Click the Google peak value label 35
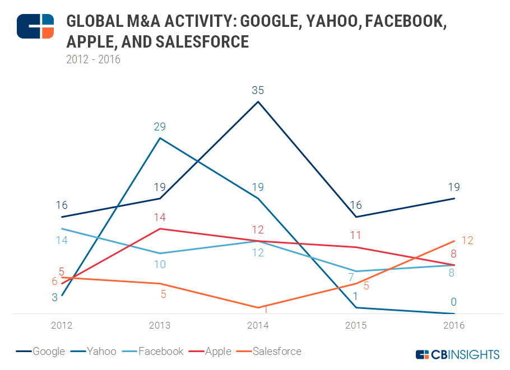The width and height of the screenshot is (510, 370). pyautogui.click(x=258, y=90)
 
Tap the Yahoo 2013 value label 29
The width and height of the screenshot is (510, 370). pyautogui.click(x=160, y=127)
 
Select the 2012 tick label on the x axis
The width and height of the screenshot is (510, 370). pyautogui.click(x=62, y=325)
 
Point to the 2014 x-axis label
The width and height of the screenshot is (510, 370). pyautogui.click(x=258, y=325)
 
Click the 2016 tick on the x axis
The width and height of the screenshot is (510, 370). pyautogui.click(x=453, y=325)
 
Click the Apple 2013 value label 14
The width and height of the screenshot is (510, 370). pyautogui.click(x=160, y=217)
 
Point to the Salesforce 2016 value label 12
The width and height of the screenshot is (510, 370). pyautogui.click(x=467, y=240)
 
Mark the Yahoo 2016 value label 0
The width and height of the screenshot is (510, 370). pyautogui.click(x=453, y=302)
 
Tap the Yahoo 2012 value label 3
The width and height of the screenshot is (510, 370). pyautogui.click(x=54, y=298)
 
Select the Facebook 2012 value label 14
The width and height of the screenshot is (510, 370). pyautogui.click(x=62, y=240)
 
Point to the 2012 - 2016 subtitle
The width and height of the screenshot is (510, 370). pyautogui.click(x=94, y=59)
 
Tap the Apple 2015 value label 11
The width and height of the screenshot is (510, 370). pyautogui.click(x=356, y=235)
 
